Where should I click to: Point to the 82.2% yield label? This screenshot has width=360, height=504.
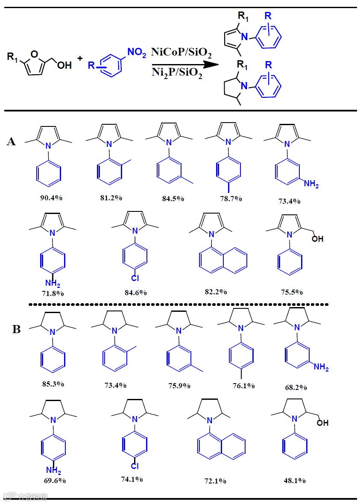point(216,291)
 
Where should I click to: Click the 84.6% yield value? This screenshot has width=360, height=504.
point(135,292)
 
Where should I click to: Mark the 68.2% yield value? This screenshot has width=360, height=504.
point(295,387)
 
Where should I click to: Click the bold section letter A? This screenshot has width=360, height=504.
point(12,142)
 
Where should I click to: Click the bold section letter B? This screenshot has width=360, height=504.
point(17,329)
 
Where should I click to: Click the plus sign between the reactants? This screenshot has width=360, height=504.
point(80,58)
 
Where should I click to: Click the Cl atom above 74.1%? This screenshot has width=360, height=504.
point(135,466)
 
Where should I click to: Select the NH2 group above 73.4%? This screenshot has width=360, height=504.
point(311,185)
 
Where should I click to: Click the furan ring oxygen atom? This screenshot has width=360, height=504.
point(35,53)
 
